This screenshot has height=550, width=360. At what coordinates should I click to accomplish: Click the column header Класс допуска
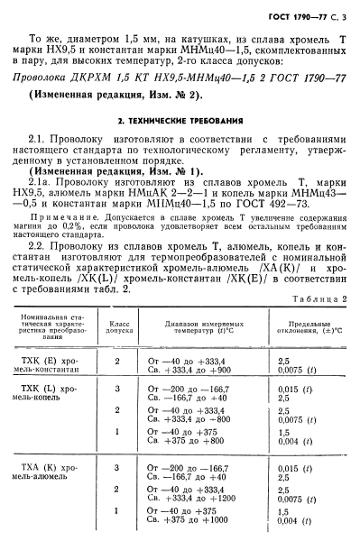(121, 326)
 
